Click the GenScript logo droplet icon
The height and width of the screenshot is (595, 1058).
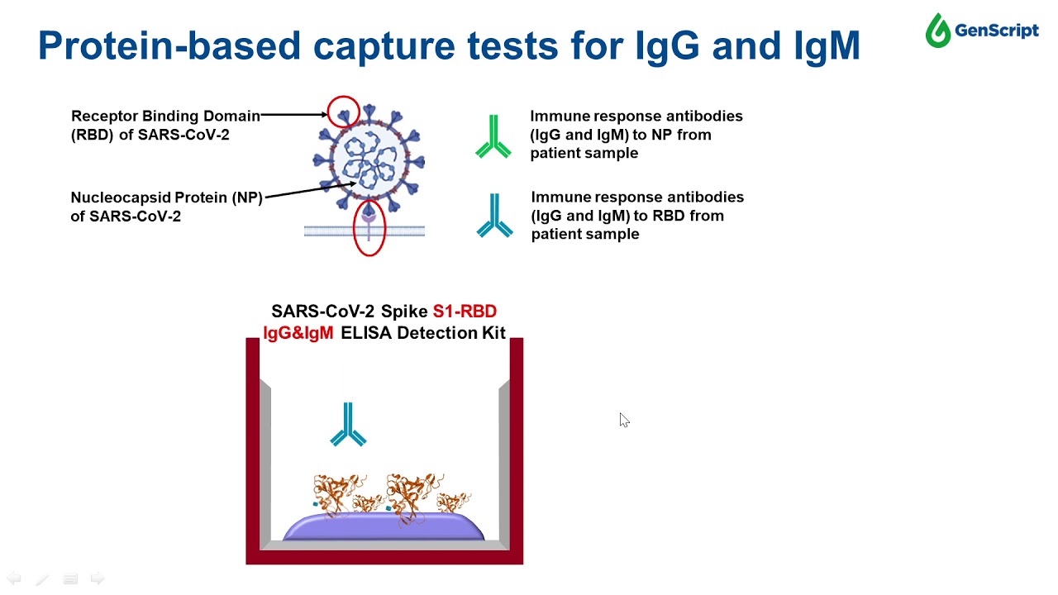(x=938, y=31)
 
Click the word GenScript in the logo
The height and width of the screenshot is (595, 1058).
(x=996, y=31)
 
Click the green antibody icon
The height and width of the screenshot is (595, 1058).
(x=493, y=137)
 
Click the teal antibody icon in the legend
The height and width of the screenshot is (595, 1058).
(x=494, y=217)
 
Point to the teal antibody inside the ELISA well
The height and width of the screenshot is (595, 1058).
(x=348, y=425)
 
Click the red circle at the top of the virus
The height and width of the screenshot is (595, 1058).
(x=343, y=112)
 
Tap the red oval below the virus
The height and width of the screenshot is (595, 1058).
(x=369, y=226)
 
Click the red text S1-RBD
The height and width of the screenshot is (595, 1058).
(x=465, y=312)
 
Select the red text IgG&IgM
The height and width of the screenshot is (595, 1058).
(x=298, y=333)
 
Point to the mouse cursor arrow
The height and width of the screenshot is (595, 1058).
(x=623, y=420)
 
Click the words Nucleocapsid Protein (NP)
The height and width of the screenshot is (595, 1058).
(x=166, y=198)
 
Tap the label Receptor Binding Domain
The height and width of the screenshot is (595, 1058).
(x=165, y=116)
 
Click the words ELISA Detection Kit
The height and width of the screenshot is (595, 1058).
(x=422, y=333)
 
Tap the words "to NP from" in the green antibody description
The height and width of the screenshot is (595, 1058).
(x=670, y=135)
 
